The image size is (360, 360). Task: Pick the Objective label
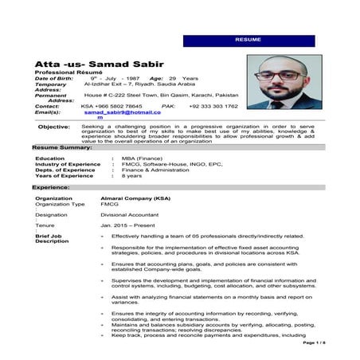coord(53,127)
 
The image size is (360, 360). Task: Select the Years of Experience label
coord(67,175)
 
